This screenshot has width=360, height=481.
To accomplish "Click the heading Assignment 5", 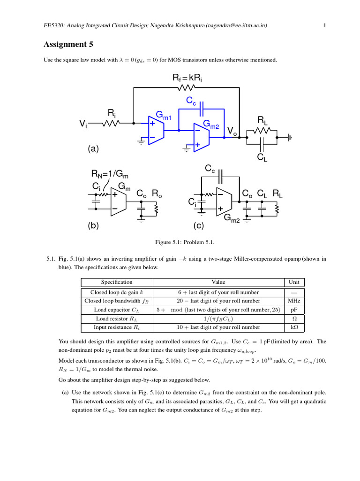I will pos(68,45).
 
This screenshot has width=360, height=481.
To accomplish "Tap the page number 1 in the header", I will pos(324,25).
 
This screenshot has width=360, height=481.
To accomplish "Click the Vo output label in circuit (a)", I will pos(232,130).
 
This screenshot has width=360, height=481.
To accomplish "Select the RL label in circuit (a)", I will pos(263,121).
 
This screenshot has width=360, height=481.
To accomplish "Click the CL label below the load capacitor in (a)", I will pos(262,158).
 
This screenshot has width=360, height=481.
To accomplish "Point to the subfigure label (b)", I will pos(94,225).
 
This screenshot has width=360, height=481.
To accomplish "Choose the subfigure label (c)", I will pos(199,225).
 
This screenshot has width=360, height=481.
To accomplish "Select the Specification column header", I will pos(117,282).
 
